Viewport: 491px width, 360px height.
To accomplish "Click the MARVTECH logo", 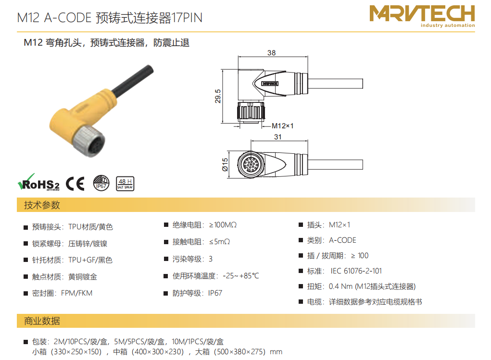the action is [422, 16].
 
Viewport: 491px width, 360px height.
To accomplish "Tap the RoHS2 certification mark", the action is [38, 183].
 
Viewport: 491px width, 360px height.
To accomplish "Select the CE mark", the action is [75, 184].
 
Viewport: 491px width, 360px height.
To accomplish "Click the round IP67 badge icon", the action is [101, 183].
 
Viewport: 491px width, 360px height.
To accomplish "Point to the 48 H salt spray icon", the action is [125, 184].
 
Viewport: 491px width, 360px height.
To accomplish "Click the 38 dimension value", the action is [272, 52].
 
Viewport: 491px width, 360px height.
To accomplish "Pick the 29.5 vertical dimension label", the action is [218, 96].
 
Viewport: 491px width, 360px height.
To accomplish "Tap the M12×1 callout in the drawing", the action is [282, 126].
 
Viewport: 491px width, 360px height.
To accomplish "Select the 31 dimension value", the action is [278, 137].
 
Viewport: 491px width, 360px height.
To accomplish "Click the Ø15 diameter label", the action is [225, 165].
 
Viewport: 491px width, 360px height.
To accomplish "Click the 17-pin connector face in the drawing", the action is [250, 164].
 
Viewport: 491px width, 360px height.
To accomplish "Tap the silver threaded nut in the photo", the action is [88, 141].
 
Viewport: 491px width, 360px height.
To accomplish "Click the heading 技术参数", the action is [42, 205].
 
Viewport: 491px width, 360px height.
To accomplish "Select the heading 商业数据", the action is [42, 321].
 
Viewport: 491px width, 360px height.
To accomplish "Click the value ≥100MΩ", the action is [223, 225].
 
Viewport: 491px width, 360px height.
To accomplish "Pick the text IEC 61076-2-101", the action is [356, 271].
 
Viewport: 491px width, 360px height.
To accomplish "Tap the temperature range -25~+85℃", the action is [241, 276].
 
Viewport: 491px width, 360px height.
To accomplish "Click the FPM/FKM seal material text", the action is [77, 293].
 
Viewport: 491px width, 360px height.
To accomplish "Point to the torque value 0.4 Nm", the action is [340, 286].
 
